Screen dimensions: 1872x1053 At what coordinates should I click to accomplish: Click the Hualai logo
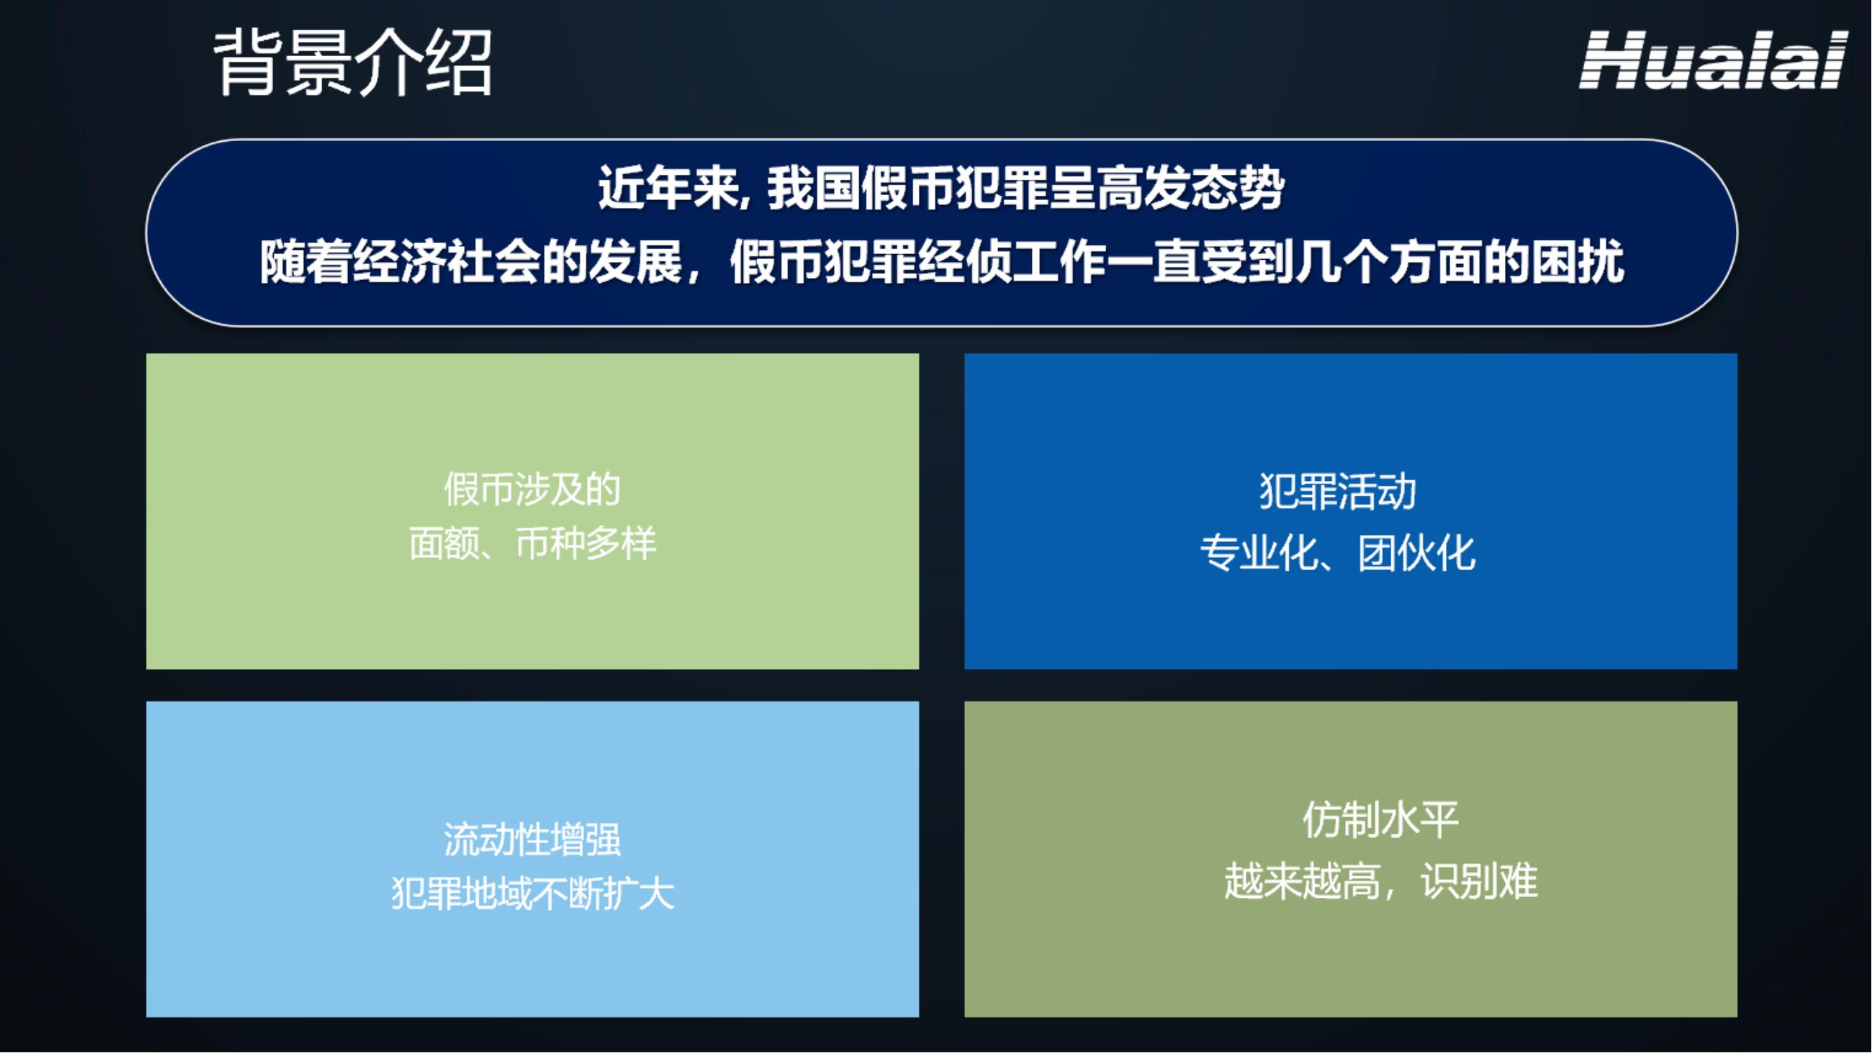click(1713, 60)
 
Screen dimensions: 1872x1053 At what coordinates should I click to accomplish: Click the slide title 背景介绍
click(354, 62)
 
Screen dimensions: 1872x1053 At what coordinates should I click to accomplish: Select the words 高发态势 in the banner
click(1192, 188)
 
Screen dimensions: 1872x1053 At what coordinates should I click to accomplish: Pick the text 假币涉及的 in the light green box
click(533, 489)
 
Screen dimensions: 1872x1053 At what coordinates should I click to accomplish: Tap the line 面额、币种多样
click(533, 543)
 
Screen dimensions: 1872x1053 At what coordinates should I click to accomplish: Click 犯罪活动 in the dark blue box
click(1338, 491)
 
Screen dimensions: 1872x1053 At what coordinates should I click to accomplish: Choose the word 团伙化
click(1417, 553)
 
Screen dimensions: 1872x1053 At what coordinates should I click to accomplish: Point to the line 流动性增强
click(533, 840)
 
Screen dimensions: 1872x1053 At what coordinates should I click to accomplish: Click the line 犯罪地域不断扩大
click(533, 894)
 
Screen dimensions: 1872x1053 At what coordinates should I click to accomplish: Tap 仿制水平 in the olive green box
click(1381, 820)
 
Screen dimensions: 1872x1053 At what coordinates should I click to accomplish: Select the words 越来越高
click(1302, 882)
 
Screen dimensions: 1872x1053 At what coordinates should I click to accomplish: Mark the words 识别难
click(1480, 882)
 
